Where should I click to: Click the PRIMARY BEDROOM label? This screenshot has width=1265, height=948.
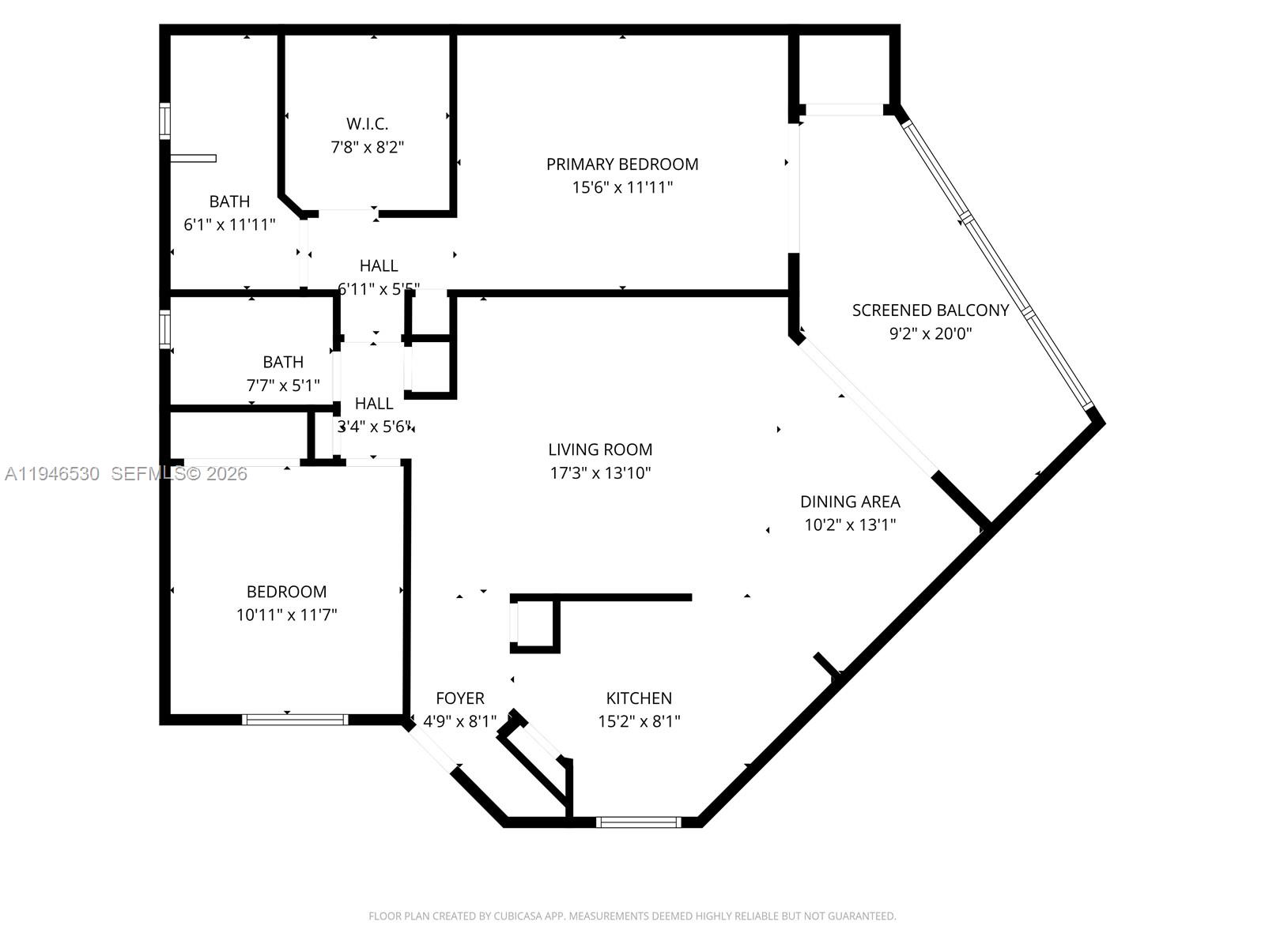[622, 164]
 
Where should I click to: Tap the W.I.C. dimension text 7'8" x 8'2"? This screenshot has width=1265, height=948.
[367, 147]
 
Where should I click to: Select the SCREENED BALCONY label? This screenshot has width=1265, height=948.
[930, 310]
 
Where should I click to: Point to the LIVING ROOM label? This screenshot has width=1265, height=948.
[600, 450]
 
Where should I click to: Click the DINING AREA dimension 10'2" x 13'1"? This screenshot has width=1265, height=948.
[850, 525]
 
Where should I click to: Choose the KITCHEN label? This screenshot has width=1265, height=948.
[639, 698]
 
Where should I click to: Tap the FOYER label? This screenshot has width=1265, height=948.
[460, 698]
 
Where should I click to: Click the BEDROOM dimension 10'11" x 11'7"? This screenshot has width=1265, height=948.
[286, 615]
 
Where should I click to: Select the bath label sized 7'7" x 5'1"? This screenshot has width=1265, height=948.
[283, 362]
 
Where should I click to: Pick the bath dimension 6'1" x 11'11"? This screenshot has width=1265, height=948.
[229, 224]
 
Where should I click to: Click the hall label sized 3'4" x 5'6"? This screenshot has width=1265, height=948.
[374, 404]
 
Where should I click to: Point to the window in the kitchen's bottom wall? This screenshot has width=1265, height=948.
[638, 822]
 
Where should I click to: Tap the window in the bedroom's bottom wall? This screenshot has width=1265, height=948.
[294, 719]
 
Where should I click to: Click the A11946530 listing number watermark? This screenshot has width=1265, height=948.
[52, 474]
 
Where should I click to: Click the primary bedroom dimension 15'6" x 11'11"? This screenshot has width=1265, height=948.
[622, 187]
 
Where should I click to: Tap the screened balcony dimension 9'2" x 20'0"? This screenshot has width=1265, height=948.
[930, 333]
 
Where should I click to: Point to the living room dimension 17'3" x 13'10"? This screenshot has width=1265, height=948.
[600, 473]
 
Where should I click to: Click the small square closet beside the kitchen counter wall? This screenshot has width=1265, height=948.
[535, 625]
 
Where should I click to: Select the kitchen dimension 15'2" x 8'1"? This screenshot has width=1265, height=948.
[639, 721]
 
